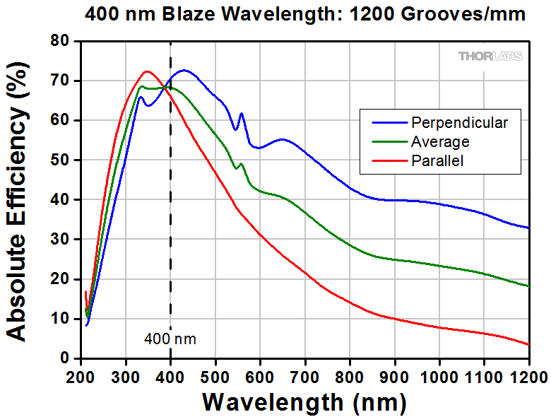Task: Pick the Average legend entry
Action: [x=440, y=141]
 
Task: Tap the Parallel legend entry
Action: [x=437, y=160]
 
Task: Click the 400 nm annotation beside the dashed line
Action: [x=170, y=339]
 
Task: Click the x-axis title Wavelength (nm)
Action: [x=304, y=402]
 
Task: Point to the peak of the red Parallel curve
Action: [x=147, y=71]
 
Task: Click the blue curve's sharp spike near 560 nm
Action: [x=242, y=114]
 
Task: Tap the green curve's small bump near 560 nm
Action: [x=242, y=164]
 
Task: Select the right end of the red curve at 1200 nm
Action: [x=528, y=345]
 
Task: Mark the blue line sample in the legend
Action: [x=384, y=122]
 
